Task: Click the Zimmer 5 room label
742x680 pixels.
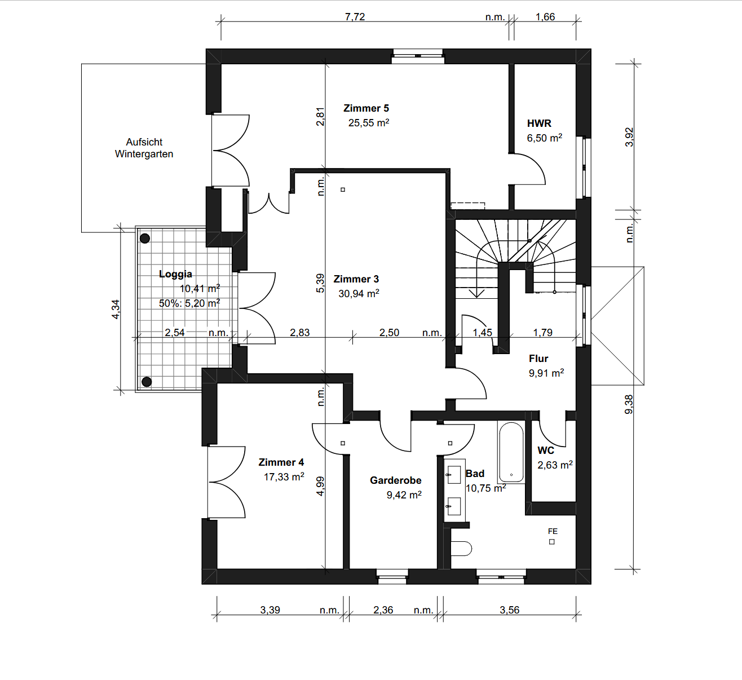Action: pos(366,108)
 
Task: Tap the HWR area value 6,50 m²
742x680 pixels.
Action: pos(545,138)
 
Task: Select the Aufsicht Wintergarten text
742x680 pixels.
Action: pos(144,148)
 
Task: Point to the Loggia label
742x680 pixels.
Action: pos(175,274)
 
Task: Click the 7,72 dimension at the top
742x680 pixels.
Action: pos(355,17)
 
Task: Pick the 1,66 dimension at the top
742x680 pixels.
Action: pos(545,17)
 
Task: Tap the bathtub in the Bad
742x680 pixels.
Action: pos(511,452)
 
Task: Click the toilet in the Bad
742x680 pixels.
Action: pos(461,549)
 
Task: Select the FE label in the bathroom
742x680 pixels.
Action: pos(553,531)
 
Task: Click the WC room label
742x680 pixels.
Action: pos(546,451)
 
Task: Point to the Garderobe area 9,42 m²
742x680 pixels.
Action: pos(404,495)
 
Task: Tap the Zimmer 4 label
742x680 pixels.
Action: pos(281,462)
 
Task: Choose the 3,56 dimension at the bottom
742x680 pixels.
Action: pos(509,610)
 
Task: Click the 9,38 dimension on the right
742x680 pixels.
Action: pos(629,404)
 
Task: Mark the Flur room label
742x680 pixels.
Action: pos(538,359)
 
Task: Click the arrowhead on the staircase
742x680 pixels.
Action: pos(477,293)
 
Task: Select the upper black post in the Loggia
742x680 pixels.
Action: pos(145,239)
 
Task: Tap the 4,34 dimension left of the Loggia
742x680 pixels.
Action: pos(116,310)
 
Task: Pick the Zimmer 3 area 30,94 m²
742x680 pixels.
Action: pos(359,294)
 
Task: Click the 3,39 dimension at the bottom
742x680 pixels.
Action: pos(270,610)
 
